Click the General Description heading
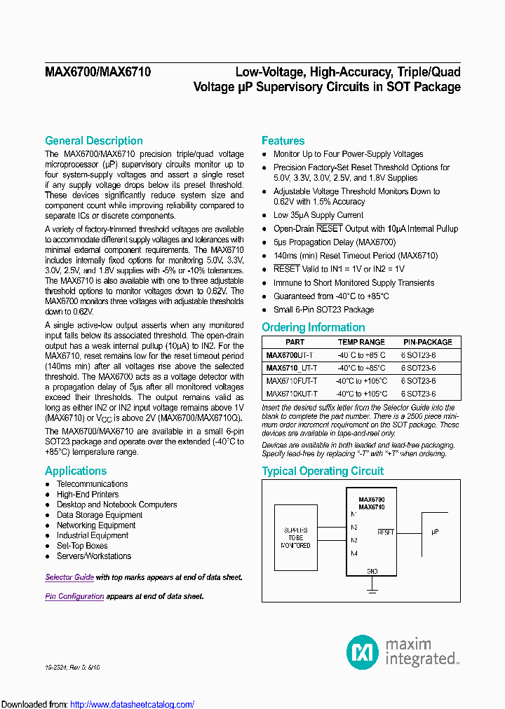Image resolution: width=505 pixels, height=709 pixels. point(94,141)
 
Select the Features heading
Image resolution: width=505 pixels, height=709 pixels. point(283,141)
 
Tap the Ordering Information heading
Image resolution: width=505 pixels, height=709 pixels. point(314,327)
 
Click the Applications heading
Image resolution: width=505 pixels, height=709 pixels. point(76,471)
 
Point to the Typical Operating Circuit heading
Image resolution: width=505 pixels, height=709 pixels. point(323,471)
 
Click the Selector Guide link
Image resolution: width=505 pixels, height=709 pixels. point(69,577)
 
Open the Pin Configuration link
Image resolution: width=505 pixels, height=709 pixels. point(74,596)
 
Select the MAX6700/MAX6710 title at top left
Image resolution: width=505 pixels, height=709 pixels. point(97,71)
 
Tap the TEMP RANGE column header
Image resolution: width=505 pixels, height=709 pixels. point(361,342)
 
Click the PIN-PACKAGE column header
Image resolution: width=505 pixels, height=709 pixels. point(427,342)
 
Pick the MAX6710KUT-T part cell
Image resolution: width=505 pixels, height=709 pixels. point(292,394)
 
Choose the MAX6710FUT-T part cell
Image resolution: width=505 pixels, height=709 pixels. point(292,381)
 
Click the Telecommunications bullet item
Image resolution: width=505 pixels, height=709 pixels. point(92,484)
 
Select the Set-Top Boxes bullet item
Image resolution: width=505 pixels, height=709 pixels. point(82,546)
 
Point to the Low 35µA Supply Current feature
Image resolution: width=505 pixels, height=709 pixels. point(318,215)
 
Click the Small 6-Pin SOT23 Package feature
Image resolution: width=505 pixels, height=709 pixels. point(323,310)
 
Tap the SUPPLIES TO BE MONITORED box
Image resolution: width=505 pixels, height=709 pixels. point(295,538)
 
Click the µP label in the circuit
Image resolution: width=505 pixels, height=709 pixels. point(435,532)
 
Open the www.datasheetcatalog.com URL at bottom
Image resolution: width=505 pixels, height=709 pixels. point(133,704)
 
